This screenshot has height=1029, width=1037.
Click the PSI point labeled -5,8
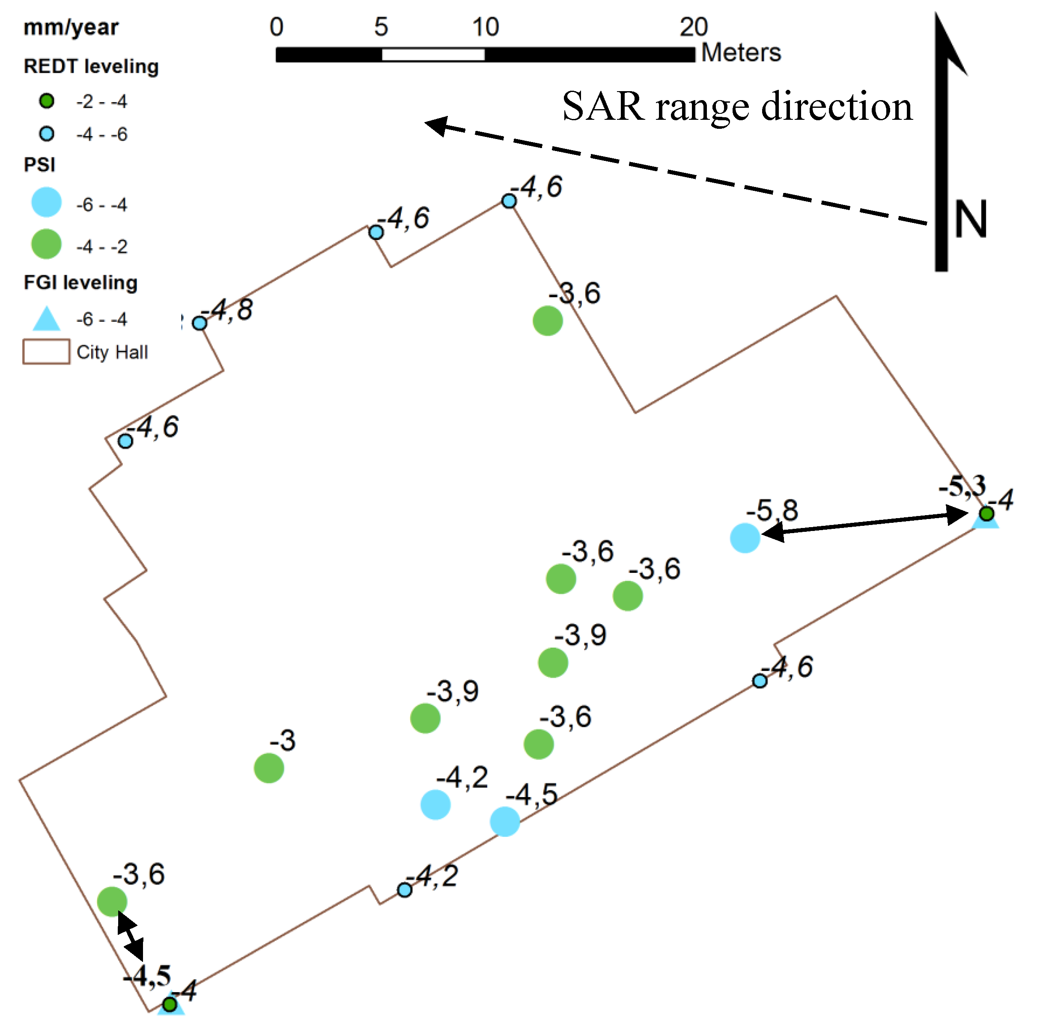745,537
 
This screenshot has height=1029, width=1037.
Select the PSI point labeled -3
269,768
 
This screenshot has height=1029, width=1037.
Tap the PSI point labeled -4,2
435,805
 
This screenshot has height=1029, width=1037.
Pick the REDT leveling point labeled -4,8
200,323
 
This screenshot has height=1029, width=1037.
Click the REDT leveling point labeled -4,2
405,890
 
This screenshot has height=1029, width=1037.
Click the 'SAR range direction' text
737,106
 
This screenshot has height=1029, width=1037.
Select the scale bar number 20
694,27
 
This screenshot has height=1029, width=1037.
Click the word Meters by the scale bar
741,53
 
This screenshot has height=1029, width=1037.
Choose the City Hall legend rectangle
46,352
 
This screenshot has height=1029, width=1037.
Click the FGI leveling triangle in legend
46,319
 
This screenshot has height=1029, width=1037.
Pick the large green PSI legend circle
46,245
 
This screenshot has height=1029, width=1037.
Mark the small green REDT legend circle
47,101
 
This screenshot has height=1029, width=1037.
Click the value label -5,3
962,486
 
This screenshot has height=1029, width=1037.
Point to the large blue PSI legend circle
46,202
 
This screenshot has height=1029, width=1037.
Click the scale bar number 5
381,27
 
